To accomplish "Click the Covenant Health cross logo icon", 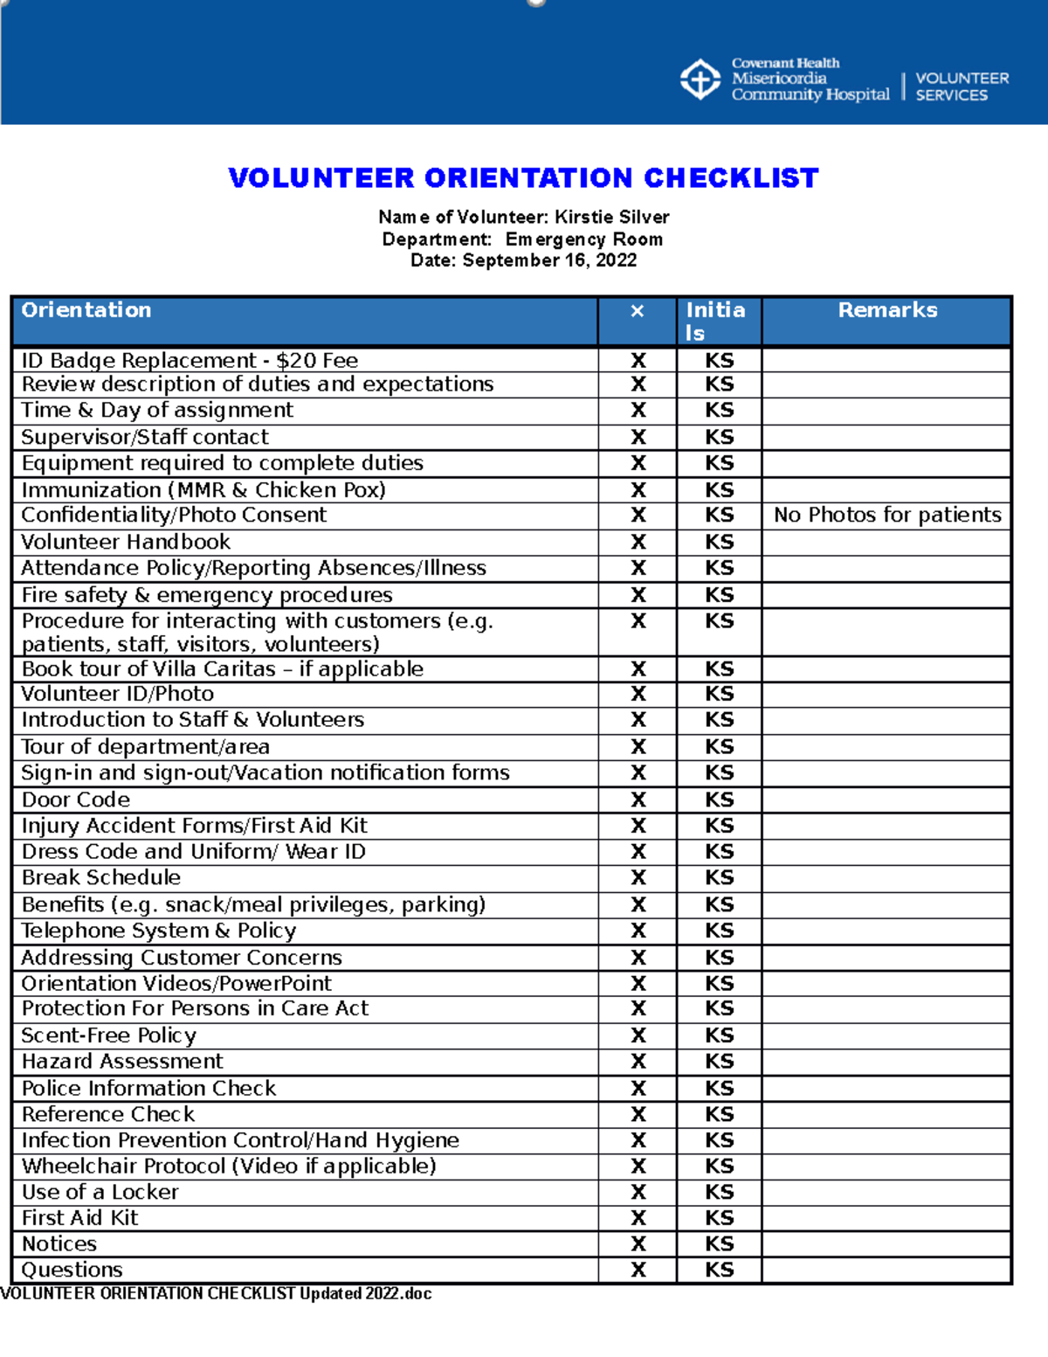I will click(x=700, y=80).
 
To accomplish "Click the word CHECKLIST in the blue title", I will click(x=731, y=178).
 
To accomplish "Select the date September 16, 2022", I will click(x=549, y=260).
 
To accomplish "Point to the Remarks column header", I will click(x=887, y=310).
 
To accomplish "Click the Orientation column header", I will click(x=86, y=310).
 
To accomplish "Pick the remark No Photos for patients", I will click(x=887, y=516).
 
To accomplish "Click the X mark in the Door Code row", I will click(x=638, y=800).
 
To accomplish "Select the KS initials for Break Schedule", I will click(x=720, y=877).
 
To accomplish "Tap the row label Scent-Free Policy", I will click(x=109, y=1035).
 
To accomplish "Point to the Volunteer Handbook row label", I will click(x=126, y=542).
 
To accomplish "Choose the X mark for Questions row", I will click(x=638, y=1270).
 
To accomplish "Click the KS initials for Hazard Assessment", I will click(x=720, y=1062).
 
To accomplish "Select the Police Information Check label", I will click(x=148, y=1088).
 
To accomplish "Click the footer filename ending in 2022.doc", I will click(x=216, y=1294).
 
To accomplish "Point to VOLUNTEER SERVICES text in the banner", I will click(x=962, y=87).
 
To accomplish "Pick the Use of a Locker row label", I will click(x=100, y=1192).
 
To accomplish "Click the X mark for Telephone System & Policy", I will click(x=638, y=931).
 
